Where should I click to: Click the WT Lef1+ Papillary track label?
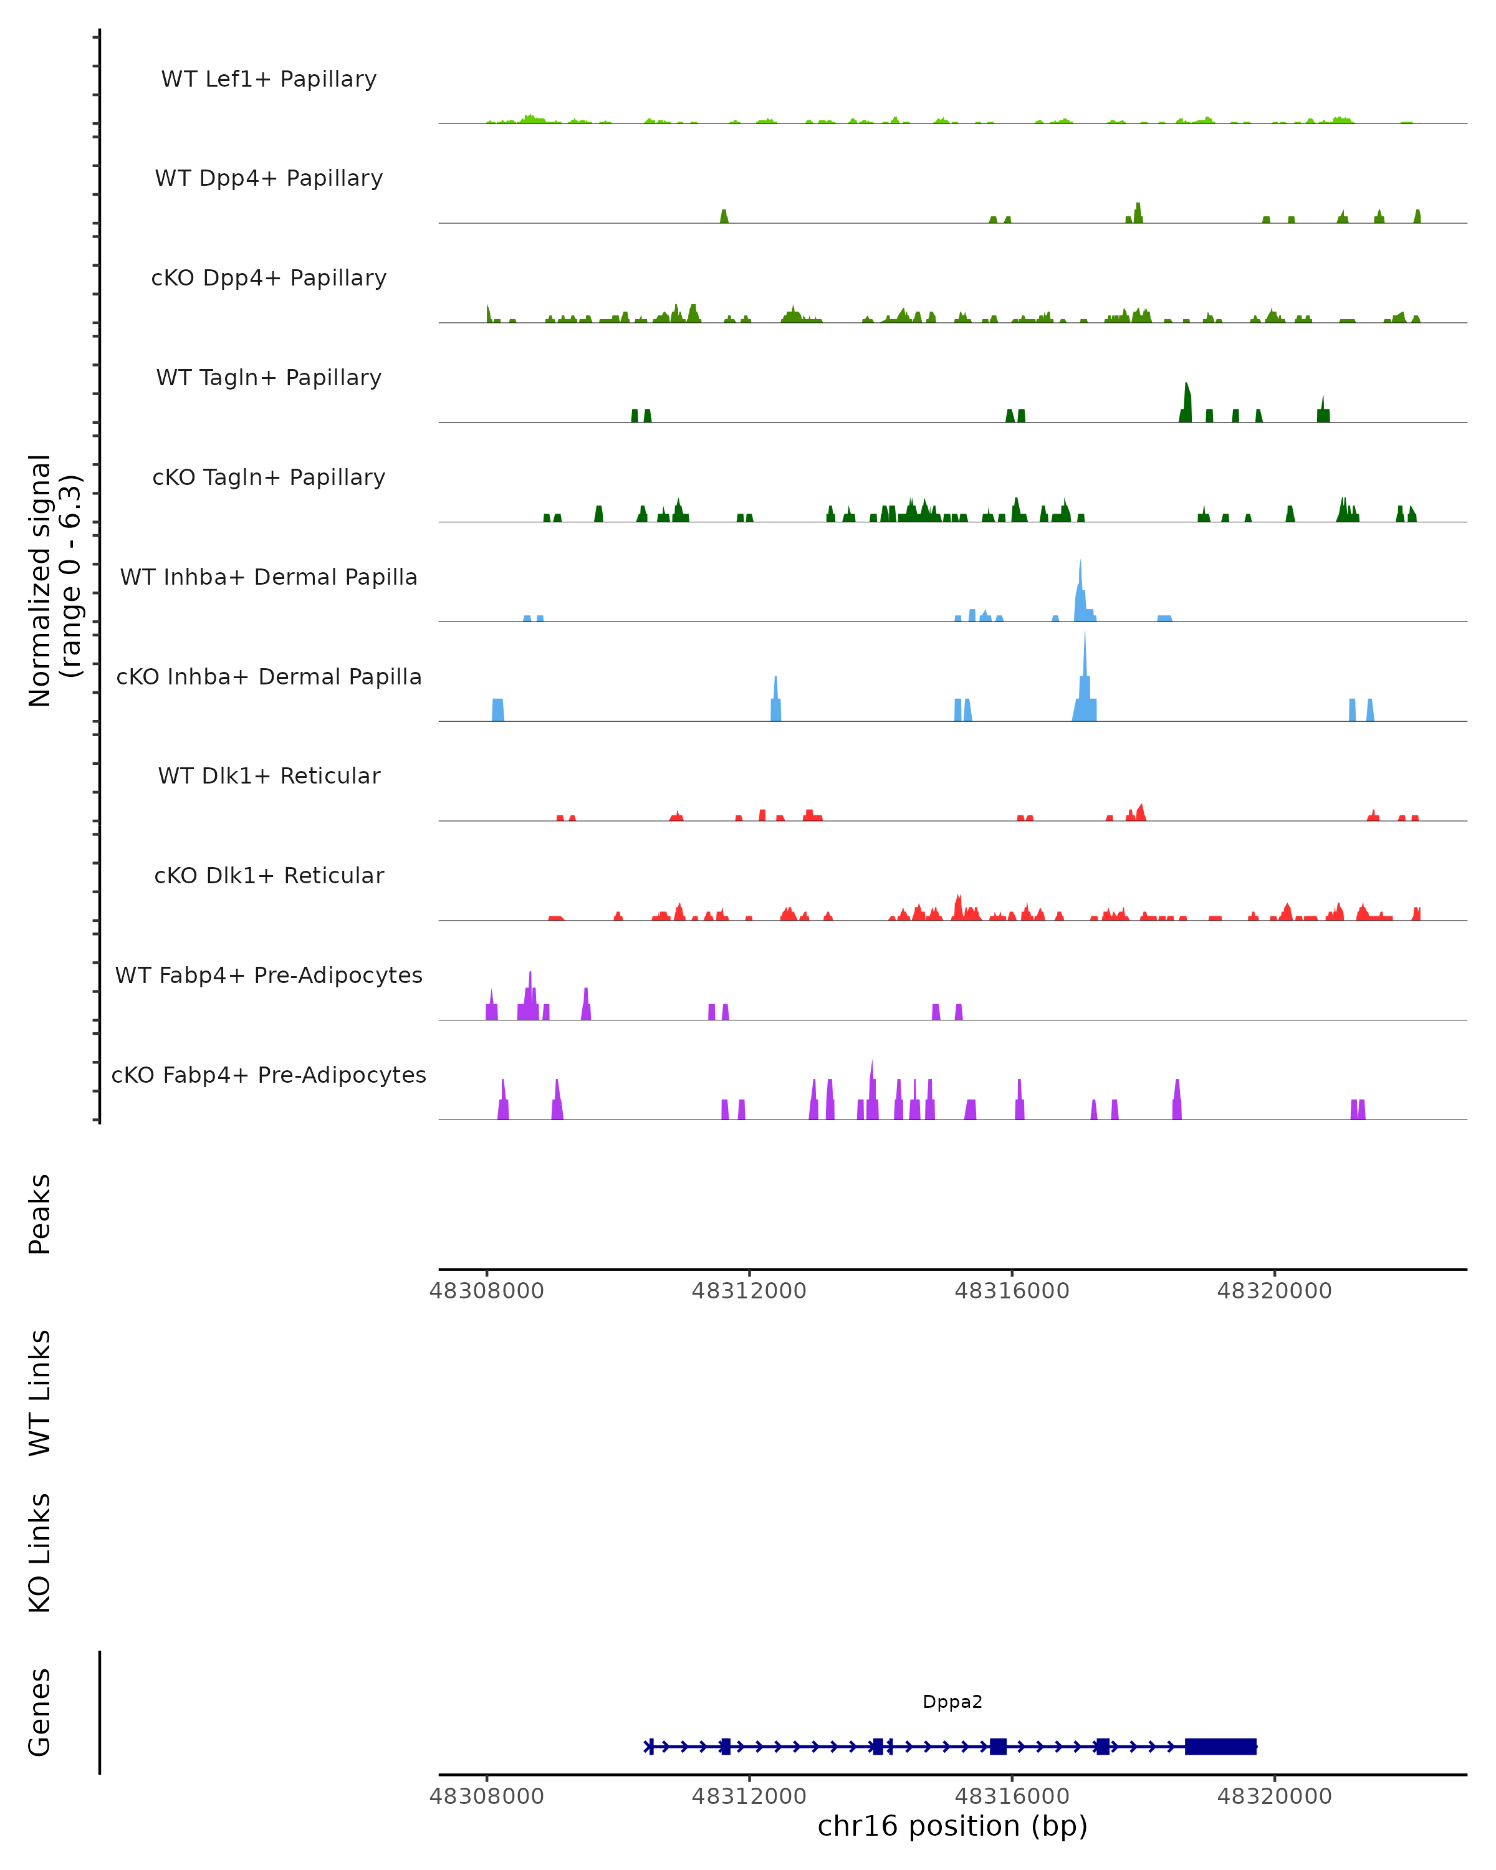269,79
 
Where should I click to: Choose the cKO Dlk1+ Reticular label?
269,875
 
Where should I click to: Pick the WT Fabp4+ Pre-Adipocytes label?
269,975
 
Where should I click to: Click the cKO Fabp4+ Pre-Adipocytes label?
269,1075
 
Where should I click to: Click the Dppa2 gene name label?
952,1702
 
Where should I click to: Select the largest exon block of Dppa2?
1220,1746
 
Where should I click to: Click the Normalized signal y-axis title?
54,580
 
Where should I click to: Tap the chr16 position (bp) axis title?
952,1826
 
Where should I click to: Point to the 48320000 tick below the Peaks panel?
1274,1291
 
